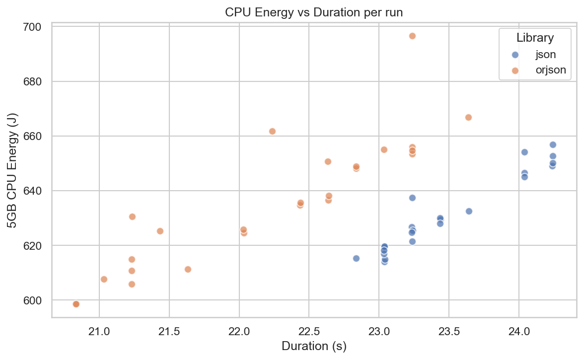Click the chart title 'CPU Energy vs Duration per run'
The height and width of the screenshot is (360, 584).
point(313,13)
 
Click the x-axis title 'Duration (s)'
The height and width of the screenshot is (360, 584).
point(313,346)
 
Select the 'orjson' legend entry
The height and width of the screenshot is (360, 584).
point(550,70)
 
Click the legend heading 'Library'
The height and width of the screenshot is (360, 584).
point(535,37)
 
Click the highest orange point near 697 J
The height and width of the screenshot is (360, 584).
point(412,36)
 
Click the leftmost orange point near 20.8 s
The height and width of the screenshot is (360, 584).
point(76,304)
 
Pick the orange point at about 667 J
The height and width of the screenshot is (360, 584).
point(468,117)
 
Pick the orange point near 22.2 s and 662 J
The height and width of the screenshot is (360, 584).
point(272,131)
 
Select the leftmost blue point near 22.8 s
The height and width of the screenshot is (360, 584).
point(356,258)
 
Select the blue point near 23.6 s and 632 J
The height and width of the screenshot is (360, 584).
point(468,211)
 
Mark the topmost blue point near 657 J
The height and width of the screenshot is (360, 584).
point(553,144)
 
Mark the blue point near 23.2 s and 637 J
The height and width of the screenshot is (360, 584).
point(412,198)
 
